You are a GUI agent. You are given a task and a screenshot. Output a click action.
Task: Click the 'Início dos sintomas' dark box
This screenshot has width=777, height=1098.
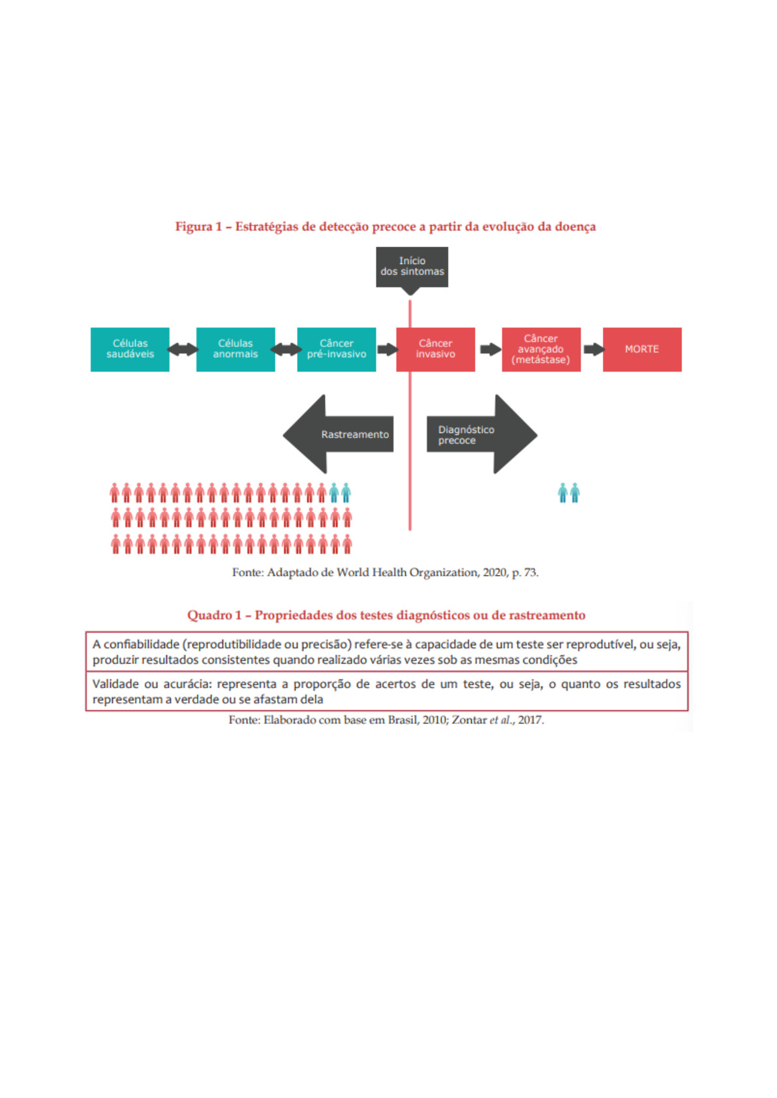pos(412,267)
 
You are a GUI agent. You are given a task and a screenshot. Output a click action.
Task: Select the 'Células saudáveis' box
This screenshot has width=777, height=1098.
pos(130,349)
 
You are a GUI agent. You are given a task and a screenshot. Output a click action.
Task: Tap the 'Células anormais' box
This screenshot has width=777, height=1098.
pos(236,349)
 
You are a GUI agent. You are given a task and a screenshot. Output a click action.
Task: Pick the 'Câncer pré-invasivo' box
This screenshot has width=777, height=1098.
pos(337,349)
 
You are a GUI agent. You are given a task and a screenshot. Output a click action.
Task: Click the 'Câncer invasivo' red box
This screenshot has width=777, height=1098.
pos(436,349)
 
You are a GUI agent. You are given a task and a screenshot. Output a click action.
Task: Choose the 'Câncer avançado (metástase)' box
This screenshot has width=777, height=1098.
pos(541,349)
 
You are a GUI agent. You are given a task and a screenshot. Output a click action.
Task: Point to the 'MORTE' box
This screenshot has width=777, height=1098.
pos(642,349)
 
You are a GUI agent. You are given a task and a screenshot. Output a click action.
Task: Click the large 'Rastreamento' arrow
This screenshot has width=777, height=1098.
pos(339,434)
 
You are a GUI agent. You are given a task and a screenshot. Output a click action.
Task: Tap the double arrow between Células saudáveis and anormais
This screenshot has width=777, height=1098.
pos(183,349)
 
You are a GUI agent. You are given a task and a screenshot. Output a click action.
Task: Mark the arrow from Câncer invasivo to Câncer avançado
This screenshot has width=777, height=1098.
pos(490,349)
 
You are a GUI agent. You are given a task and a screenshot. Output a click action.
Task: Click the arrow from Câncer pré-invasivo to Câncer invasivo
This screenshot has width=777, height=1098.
pos(387,349)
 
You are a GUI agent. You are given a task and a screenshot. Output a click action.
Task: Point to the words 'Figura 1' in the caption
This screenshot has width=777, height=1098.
pos(198,227)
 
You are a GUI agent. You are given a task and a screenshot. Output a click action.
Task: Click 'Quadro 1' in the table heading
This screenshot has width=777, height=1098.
pos(214,616)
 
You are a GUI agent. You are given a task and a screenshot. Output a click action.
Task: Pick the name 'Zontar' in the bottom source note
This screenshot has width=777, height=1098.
pos(469,720)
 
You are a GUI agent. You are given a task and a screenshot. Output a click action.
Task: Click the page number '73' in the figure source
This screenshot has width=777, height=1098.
pos(530,572)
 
